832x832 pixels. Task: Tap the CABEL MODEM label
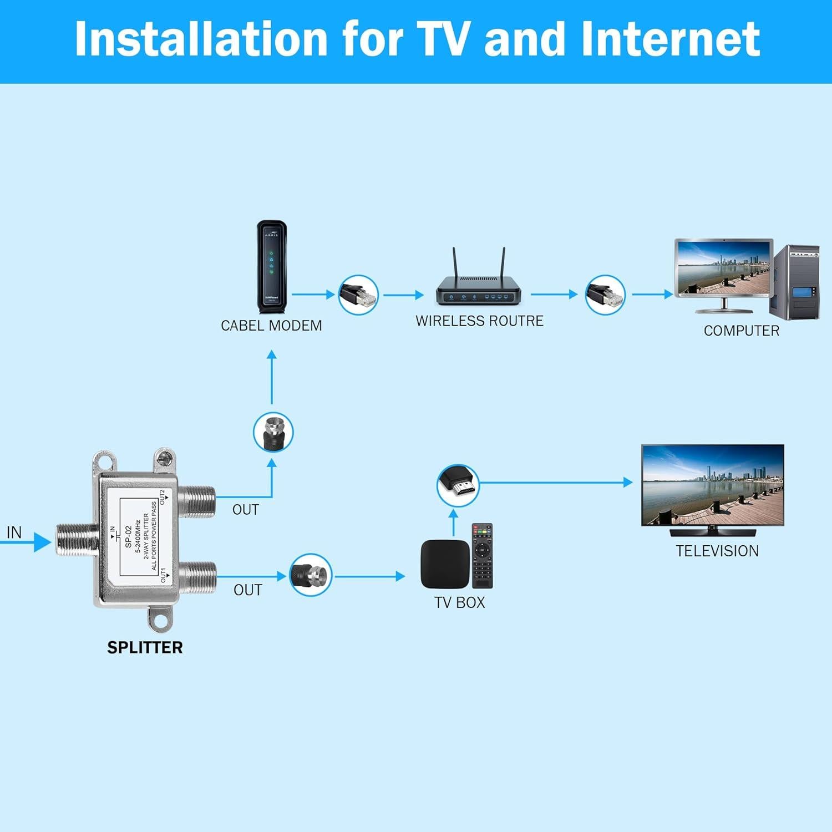271,326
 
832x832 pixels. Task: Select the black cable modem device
272,267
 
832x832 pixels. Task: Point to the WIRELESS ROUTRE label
479,321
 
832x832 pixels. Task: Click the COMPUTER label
741,331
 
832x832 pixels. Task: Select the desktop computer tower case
797,282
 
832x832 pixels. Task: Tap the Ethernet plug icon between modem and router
359,295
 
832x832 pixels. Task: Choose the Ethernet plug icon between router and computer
605,295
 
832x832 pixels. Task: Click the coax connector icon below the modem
273,432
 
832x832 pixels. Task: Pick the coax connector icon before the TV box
311,575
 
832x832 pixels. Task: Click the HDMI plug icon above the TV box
458,485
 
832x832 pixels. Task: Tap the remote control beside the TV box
482,555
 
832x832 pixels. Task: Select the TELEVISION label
717,551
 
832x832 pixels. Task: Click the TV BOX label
459,602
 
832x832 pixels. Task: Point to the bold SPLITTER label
145,647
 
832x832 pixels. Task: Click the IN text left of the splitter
14,532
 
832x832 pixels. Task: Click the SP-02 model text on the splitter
128,537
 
